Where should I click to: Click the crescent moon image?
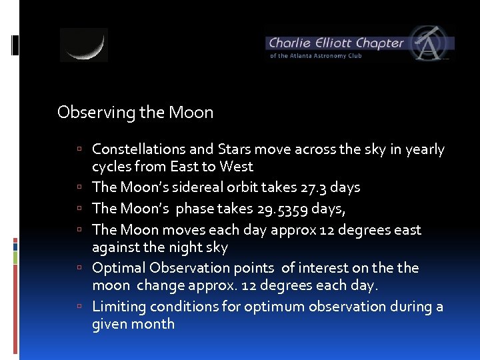(x=84, y=45)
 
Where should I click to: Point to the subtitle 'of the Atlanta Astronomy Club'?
(x=315, y=56)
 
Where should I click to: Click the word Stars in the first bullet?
(x=235, y=149)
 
